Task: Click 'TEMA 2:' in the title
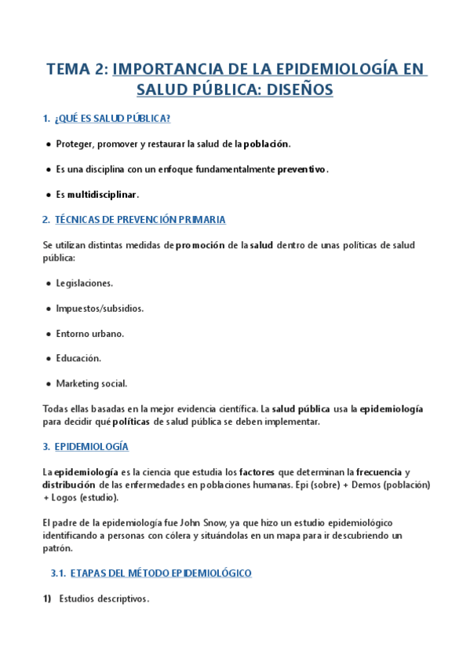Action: [77, 69]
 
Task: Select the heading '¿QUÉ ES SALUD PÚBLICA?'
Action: [113, 119]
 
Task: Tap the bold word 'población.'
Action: [267, 144]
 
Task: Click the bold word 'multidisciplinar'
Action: [103, 194]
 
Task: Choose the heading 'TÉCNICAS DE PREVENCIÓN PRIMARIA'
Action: [140, 220]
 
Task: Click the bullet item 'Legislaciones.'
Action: [85, 283]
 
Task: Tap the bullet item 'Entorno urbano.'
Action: [90, 333]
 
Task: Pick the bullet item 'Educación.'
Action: [78, 358]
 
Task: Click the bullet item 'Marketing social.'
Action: [92, 383]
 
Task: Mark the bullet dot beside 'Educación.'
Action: [49, 358]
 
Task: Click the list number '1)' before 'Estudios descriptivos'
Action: [47, 598]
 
